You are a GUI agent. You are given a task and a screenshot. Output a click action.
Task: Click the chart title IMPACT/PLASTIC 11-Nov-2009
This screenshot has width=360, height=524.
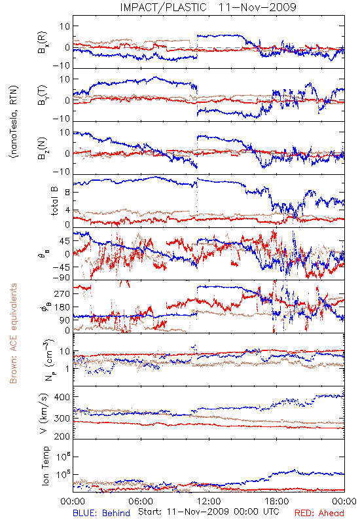tap(208, 7)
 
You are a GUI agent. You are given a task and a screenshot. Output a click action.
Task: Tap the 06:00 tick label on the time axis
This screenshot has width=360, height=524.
tap(141, 502)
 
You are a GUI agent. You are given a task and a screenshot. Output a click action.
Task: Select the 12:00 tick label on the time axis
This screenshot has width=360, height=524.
tap(209, 502)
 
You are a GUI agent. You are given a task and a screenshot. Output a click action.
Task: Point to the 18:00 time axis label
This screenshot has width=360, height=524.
tap(277, 502)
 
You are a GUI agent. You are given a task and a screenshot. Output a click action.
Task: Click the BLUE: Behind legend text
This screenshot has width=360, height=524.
tap(101, 513)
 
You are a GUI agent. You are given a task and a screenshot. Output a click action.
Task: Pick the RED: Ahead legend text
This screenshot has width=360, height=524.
tap(319, 513)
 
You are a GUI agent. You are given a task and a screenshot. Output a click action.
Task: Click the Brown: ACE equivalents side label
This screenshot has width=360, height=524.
tap(13, 333)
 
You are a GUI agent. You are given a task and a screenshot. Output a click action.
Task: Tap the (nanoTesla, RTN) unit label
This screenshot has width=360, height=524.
tap(14, 122)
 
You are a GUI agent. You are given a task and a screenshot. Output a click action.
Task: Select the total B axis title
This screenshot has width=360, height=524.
tap(54, 201)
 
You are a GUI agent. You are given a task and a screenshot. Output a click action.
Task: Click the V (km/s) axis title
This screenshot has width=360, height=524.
tap(44, 413)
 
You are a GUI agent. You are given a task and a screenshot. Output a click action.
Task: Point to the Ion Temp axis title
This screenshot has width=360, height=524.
tap(45, 466)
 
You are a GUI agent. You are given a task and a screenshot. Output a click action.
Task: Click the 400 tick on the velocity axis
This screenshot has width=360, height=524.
tap(62, 398)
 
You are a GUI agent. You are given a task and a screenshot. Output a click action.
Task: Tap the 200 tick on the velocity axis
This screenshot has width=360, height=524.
tap(62, 436)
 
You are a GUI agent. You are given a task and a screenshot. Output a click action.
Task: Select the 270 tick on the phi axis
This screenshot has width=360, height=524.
tap(62, 293)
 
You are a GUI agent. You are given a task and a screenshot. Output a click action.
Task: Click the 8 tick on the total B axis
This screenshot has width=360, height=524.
tap(67, 193)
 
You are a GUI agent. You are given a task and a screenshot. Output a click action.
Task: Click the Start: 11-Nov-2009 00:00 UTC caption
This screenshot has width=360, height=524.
tap(209, 512)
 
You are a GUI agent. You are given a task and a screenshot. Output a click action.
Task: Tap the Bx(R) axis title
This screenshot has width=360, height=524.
tap(43, 43)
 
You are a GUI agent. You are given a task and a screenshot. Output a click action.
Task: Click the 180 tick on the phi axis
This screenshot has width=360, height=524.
tap(62, 307)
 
